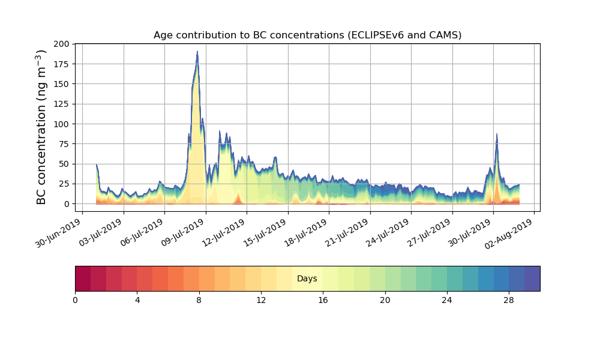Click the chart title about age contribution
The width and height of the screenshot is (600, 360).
click(x=307, y=35)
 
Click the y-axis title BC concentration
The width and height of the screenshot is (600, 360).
click(x=41, y=127)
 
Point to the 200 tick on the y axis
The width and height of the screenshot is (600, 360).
click(x=62, y=44)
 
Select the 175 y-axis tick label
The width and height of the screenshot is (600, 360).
click(x=62, y=64)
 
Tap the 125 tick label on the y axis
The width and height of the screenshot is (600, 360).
click(x=62, y=104)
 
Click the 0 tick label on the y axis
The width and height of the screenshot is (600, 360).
click(x=67, y=204)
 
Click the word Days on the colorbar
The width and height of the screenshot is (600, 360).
click(x=307, y=279)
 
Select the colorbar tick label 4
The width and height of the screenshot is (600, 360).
click(x=137, y=300)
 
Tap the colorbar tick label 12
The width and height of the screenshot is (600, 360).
click(x=261, y=300)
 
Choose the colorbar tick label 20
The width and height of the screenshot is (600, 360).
click(x=385, y=300)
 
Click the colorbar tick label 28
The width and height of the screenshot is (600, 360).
click(x=509, y=300)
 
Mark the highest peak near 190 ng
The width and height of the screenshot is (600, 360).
click(x=197, y=52)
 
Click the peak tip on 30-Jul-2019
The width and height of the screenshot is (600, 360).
click(x=497, y=134)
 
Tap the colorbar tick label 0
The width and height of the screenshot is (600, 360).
click(x=75, y=300)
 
